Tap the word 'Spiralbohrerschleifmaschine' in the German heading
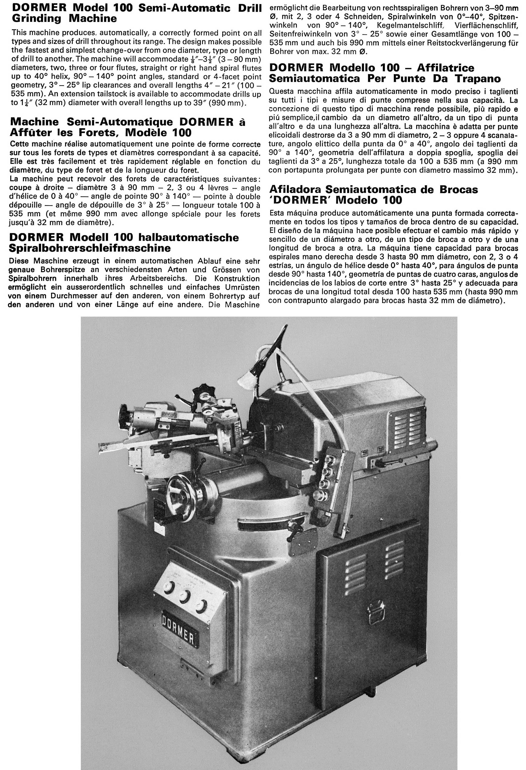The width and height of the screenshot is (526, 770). pos(90,248)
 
